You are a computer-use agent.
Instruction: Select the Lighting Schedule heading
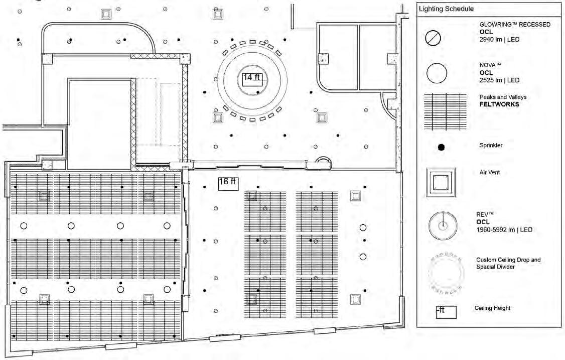tap(446, 9)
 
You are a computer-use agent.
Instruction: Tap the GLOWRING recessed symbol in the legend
tap(433, 38)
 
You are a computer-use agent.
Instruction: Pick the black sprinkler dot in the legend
tap(442, 147)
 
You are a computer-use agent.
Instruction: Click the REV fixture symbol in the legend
tap(443, 225)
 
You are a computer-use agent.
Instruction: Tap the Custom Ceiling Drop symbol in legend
tap(445, 273)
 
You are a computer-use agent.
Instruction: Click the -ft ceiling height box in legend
tap(446, 312)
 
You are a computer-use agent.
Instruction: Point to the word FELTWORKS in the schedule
tap(499, 104)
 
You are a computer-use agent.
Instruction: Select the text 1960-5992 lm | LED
tap(504, 230)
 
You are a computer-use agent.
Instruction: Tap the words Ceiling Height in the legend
tap(492, 308)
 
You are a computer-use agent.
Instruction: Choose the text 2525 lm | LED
tap(499, 80)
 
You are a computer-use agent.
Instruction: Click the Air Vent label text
tap(490, 172)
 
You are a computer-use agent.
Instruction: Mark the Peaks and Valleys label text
tap(503, 97)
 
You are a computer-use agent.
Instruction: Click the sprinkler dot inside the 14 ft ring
tap(258, 93)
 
